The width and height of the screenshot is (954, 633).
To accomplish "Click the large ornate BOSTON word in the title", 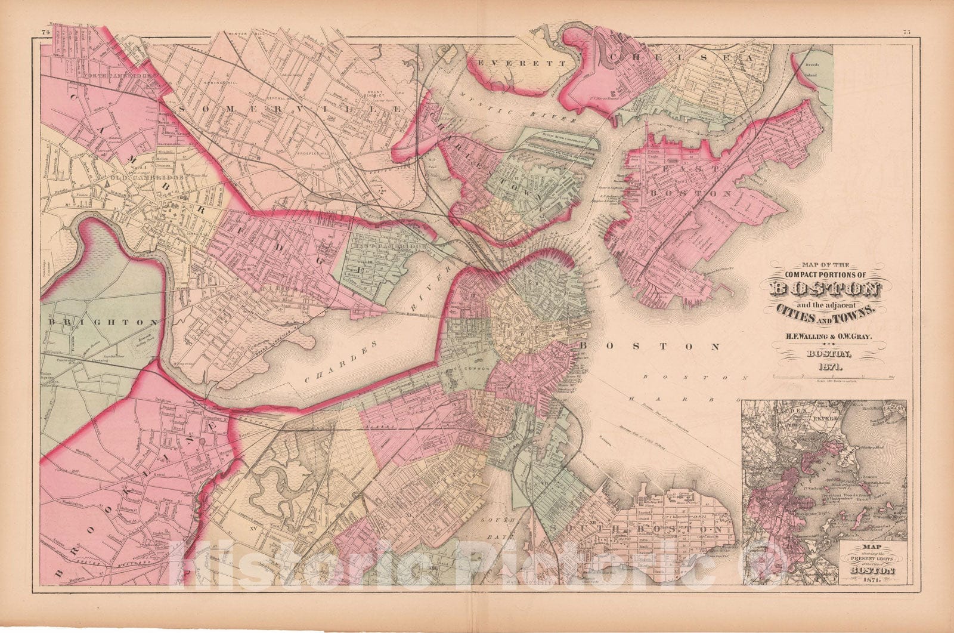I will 825,289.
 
